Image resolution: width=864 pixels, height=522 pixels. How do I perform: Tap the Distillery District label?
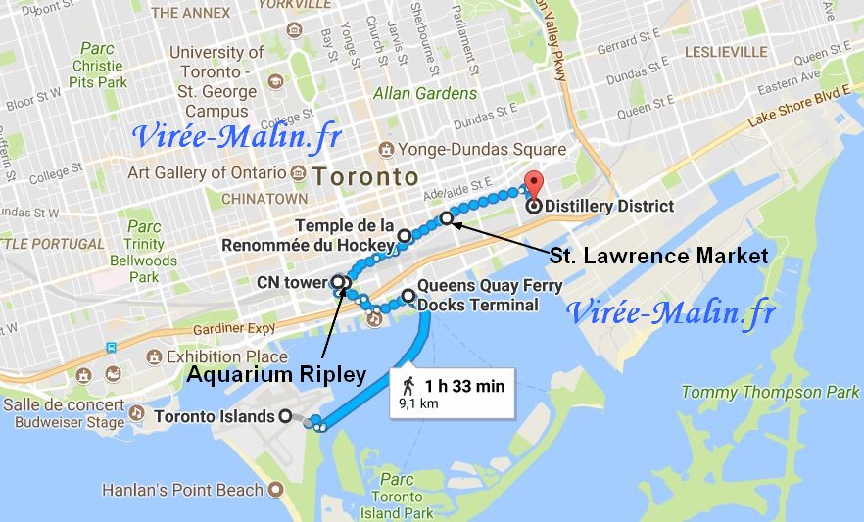click(x=611, y=207)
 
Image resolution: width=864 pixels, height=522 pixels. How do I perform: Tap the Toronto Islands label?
click(x=216, y=416)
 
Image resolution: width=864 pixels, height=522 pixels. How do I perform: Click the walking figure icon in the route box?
click(x=408, y=386)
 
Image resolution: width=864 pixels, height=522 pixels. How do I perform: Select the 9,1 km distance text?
click(x=417, y=403)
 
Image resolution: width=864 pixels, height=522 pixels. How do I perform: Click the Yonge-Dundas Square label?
click(x=482, y=150)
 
